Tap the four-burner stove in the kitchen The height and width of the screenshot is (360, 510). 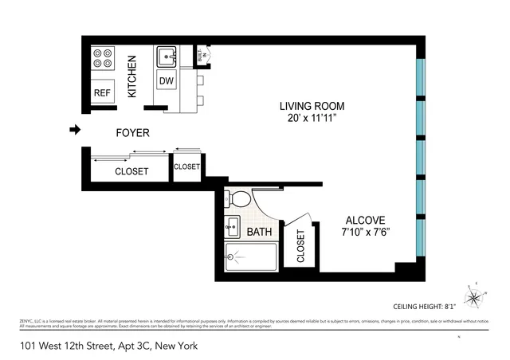point(103,58)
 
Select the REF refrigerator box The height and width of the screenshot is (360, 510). point(102,92)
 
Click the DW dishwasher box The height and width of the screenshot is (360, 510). point(167,80)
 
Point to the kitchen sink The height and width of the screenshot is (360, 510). point(167,56)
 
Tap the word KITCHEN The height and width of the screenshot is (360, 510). point(133,76)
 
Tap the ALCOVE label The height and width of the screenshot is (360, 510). point(365,221)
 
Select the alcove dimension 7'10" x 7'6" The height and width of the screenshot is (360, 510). point(365,234)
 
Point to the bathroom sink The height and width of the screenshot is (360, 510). point(232,227)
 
